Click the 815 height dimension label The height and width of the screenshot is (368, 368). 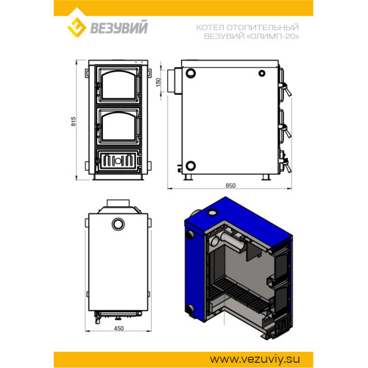tap(74, 121)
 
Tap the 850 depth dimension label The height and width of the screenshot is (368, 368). tap(230, 185)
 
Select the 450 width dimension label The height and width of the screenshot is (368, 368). tap(118, 328)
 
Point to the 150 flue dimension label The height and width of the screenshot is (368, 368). tap(158, 82)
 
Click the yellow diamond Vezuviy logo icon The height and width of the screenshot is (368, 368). tap(77, 27)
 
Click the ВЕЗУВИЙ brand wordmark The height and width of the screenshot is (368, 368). tap(119, 27)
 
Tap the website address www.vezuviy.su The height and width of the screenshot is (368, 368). tap(255, 360)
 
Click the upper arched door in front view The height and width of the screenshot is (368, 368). tap(118, 85)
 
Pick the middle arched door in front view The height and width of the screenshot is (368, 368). tap(118, 127)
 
